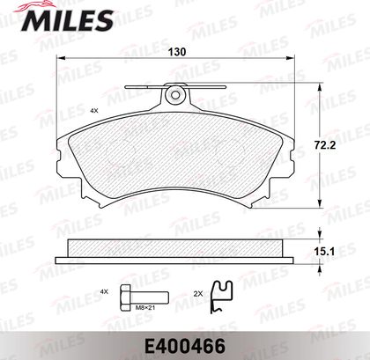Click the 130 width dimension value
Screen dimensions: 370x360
pos(177,52)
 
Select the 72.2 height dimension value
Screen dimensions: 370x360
pos(325,145)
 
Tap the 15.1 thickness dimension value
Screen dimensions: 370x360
pos(324,252)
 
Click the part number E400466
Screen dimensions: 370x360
pos(184,346)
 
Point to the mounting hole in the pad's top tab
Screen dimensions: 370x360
pos(175,95)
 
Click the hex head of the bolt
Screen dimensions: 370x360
pos(125,298)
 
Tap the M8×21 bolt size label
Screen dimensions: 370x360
pos(145,308)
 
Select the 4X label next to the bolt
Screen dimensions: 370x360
pos(104,291)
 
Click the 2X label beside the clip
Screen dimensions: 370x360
pos(198,293)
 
